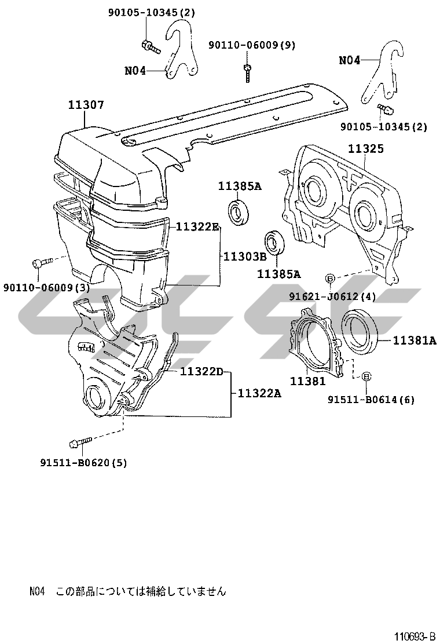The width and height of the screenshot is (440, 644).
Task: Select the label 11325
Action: [365, 149]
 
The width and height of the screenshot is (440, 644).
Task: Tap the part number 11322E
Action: [197, 226]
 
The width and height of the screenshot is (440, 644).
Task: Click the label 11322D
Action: [201, 371]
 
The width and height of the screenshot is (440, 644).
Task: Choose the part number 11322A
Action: [259, 393]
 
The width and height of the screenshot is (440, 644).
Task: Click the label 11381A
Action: [415, 341]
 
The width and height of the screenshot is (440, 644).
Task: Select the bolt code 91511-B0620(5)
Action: [83, 462]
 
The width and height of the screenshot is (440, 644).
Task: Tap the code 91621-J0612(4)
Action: [332, 297]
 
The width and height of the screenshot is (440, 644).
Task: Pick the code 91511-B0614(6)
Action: [371, 400]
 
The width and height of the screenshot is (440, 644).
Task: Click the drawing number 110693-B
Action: [415, 636]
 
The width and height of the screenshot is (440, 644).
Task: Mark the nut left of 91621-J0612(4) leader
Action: [329, 279]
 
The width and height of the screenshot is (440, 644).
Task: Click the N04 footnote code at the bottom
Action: [37, 591]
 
